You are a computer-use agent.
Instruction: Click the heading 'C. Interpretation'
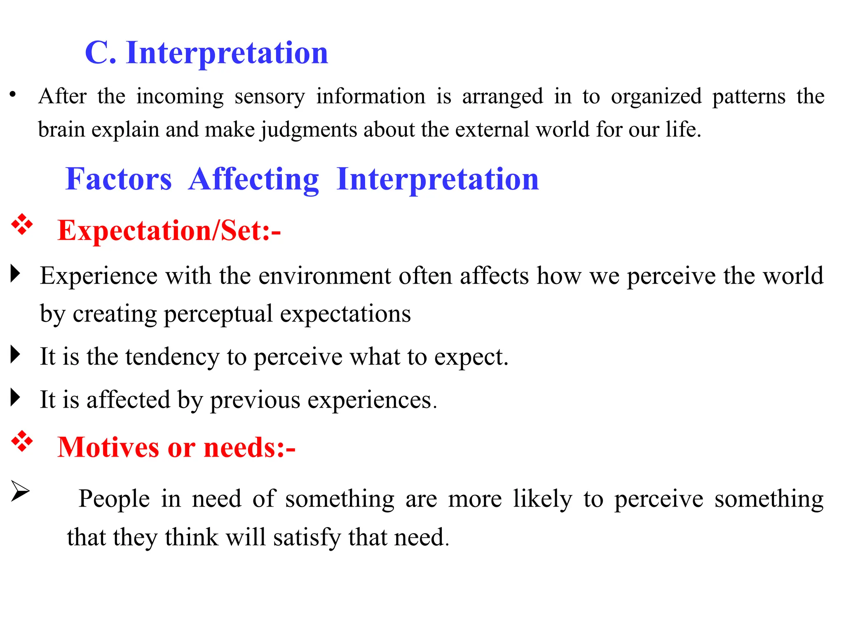pos(206,53)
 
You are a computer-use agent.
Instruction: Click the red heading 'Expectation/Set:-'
pos(169,230)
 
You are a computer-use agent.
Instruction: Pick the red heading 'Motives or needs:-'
pos(176,448)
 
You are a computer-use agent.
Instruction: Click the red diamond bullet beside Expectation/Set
pos(22,225)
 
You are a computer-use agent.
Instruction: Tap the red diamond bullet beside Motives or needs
pos(22,441)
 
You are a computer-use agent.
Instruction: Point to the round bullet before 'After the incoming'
pos(13,95)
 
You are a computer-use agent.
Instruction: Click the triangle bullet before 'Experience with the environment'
pos(15,274)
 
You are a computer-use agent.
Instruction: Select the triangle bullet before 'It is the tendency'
pos(15,355)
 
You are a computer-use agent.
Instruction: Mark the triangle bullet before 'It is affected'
pos(15,398)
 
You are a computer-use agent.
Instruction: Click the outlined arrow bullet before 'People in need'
pos(20,491)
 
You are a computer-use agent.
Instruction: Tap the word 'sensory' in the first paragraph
pos(270,97)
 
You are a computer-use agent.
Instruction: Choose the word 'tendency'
pos(173,357)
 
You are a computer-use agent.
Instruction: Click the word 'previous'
pos(256,400)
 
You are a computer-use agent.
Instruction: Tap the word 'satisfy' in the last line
pos(307,538)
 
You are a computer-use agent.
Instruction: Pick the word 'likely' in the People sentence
pos(543,499)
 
